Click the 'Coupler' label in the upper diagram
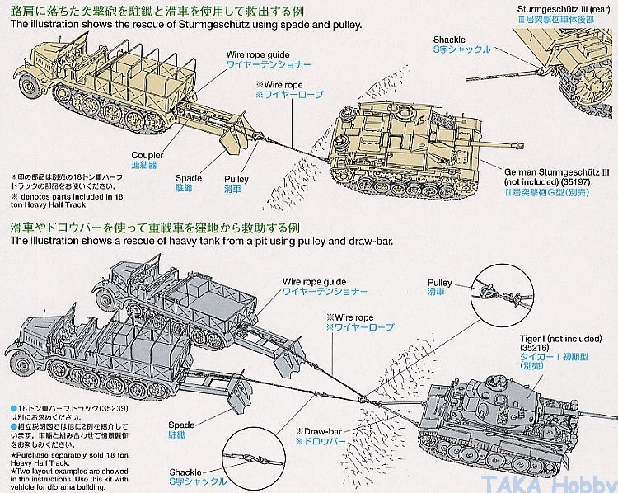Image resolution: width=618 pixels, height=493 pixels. coord(147,154)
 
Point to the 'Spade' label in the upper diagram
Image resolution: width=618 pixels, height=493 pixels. coord(189,177)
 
